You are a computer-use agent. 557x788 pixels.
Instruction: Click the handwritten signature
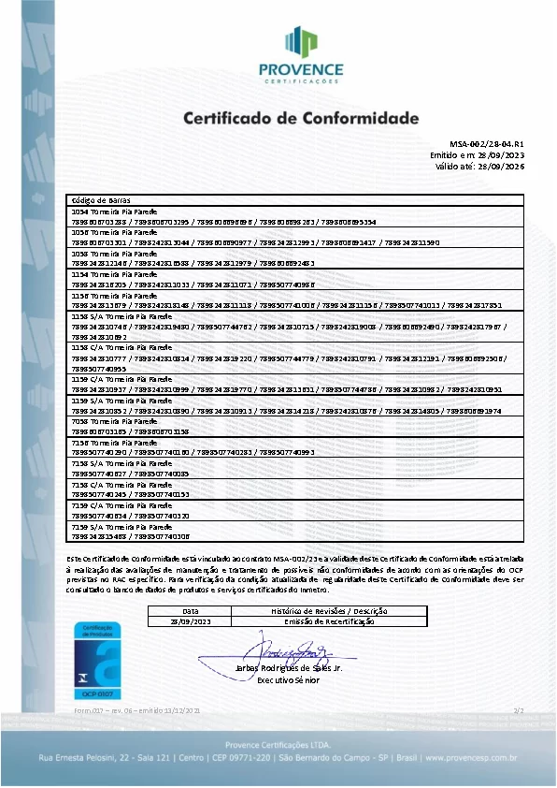294,649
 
